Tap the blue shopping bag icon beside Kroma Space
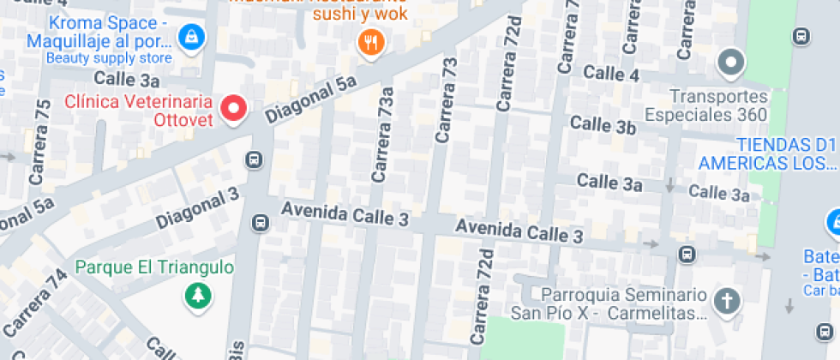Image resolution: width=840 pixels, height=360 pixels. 189,36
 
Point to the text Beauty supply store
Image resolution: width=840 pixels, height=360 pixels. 108,58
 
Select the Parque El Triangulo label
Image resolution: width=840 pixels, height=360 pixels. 154,267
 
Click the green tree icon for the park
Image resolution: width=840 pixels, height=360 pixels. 198,296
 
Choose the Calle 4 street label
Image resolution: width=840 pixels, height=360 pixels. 611,74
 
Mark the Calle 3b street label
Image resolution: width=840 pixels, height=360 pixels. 603,126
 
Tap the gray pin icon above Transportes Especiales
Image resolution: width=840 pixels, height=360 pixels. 731,62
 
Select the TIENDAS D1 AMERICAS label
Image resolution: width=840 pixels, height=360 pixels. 765,153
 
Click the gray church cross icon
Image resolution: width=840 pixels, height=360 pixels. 726,302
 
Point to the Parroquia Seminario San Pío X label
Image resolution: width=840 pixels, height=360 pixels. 609,303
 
